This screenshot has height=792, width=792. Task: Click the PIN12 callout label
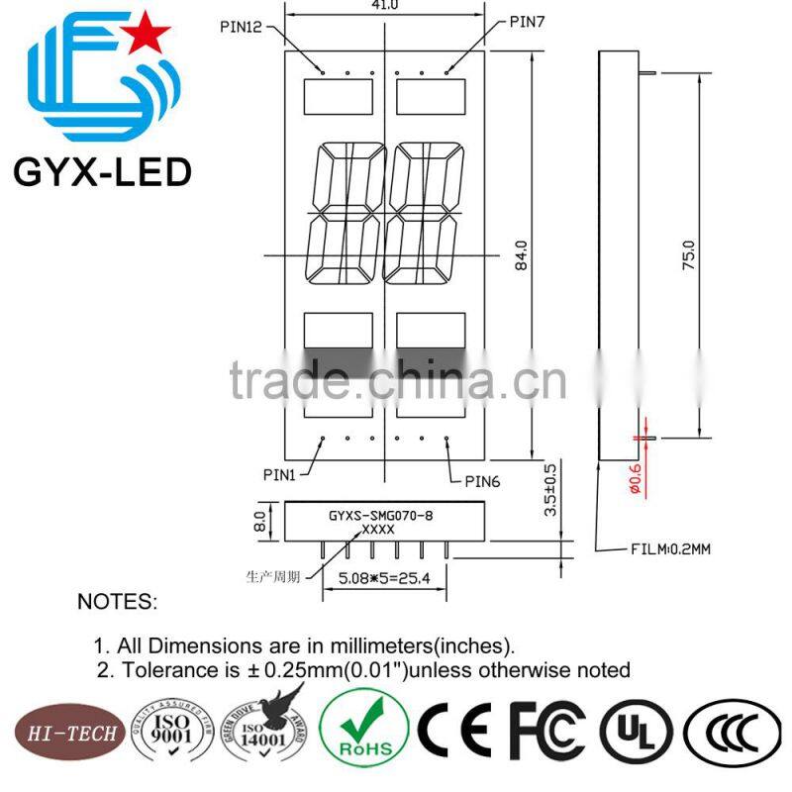tap(241, 27)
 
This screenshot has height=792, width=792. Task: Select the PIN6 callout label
tap(483, 481)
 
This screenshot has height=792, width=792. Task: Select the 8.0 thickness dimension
tap(260, 520)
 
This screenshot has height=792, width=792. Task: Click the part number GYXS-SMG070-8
tap(380, 516)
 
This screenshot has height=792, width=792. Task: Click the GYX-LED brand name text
tap(101, 173)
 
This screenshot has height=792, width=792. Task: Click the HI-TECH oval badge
tap(65, 734)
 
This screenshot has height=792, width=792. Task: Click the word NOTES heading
tap(117, 602)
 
